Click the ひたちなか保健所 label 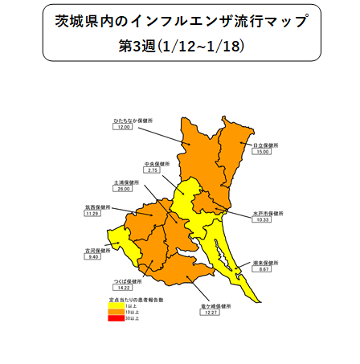(x=133, y=120)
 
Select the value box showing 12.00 (x=125, y=127)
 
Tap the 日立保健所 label (x=264, y=145)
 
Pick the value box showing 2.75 (x=153, y=170)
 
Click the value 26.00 (x=124, y=190)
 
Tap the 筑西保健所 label (x=97, y=207)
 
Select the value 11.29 (x=93, y=214)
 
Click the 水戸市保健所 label (x=265, y=214)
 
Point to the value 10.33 (x=262, y=220)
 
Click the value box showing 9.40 (x=93, y=257)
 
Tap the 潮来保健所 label (x=264, y=263)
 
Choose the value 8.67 (x=262, y=270)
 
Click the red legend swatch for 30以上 (x=117, y=319)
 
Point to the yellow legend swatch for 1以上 (x=117, y=306)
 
